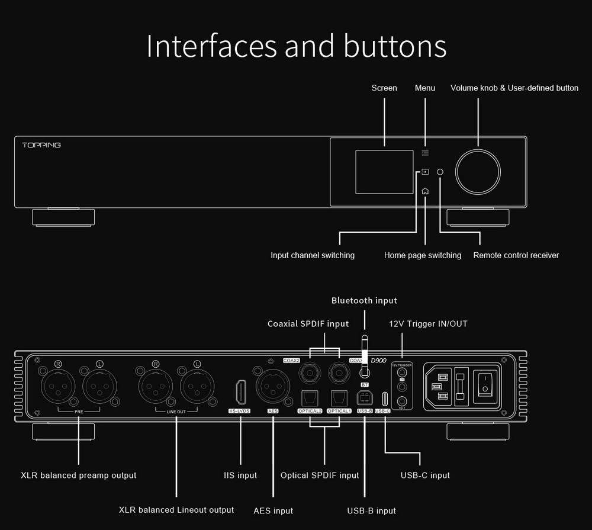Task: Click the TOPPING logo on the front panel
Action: pyautogui.click(x=41, y=145)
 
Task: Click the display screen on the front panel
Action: pyautogui.click(x=384, y=172)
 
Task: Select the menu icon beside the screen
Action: pyautogui.click(x=425, y=153)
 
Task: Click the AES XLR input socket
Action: pyautogui.click(x=272, y=386)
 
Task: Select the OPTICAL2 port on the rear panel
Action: pyautogui.click(x=310, y=396)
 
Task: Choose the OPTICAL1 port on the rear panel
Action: pyautogui.click(x=339, y=396)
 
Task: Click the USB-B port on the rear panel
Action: pyautogui.click(x=364, y=397)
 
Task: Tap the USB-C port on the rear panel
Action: pyautogui.click(x=385, y=397)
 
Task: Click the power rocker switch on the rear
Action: pyautogui.click(x=485, y=384)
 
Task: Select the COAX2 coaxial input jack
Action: pyautogui.click(x=310, y=372)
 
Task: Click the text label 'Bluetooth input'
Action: pyautogui.click(x=364, y=301)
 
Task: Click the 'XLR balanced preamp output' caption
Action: pyautogui.click(x=79, y=475)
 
